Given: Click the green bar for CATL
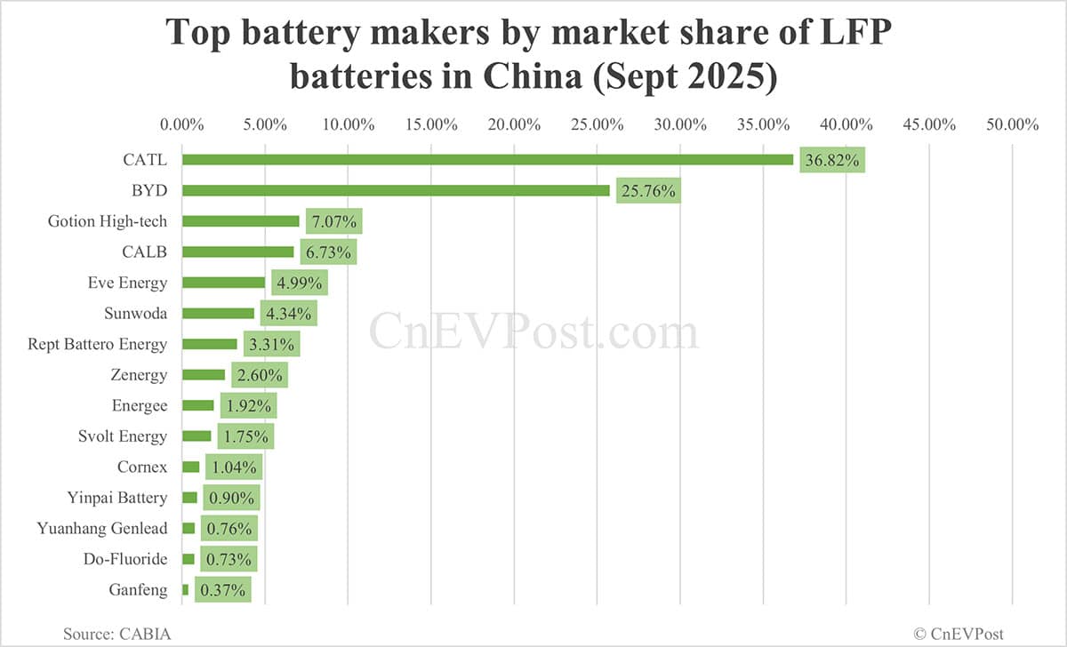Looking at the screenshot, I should point(487,160).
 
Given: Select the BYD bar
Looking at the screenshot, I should point(396,190).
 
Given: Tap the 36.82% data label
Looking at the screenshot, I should point(831,161).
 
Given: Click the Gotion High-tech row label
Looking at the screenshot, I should point(108,221).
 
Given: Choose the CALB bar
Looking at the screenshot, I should point(237,252).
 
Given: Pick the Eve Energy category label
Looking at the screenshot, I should point(127,283).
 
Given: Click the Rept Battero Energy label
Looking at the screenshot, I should point(98,344).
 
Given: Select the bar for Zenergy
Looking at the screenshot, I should point(204,375).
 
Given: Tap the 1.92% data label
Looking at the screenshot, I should point(248,406).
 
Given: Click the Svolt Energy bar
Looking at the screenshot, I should point(197,436).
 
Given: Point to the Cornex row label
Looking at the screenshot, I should point(141,467).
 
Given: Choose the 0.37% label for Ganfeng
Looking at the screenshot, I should point(223,590).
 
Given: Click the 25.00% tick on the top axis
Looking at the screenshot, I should point(598,124).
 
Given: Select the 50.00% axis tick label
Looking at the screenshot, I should point(1012,124).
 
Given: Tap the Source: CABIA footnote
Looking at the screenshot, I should point(116,634).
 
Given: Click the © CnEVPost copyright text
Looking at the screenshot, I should point(959,634).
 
